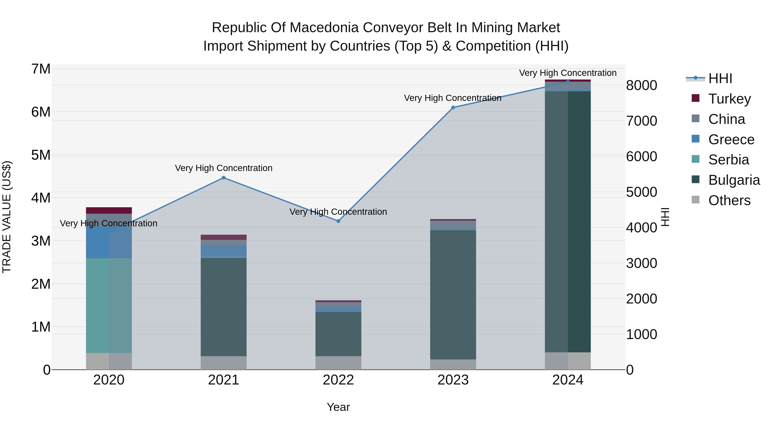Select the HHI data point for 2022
(338, 221)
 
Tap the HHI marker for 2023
(453, 108)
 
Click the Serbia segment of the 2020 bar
(109, 305)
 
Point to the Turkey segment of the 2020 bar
(109, 210)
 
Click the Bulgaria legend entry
(734, 180)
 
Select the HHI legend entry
(720, 78)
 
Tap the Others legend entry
(729, 200)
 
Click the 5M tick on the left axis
(41, 155)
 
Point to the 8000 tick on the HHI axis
(641, 85)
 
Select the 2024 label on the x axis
(568, 380)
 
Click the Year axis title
(338, 407)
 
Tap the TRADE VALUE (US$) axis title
(7, 217)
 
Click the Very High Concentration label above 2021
(224, 168)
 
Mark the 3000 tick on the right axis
(641, 263)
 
